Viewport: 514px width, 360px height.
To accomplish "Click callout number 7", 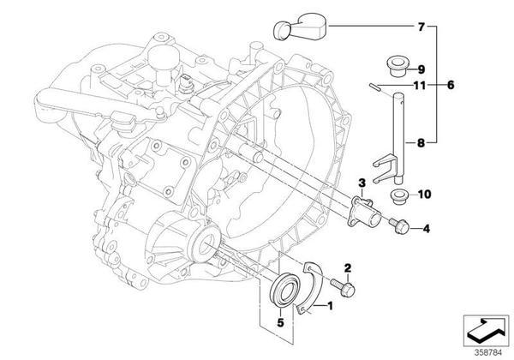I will click(x=421, y=27).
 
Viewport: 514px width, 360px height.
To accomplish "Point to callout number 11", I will click(x=420, y=85).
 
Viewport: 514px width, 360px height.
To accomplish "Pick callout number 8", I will click(x=421, y=146).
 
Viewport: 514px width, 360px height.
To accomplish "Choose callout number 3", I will click(x=362, y=183).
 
